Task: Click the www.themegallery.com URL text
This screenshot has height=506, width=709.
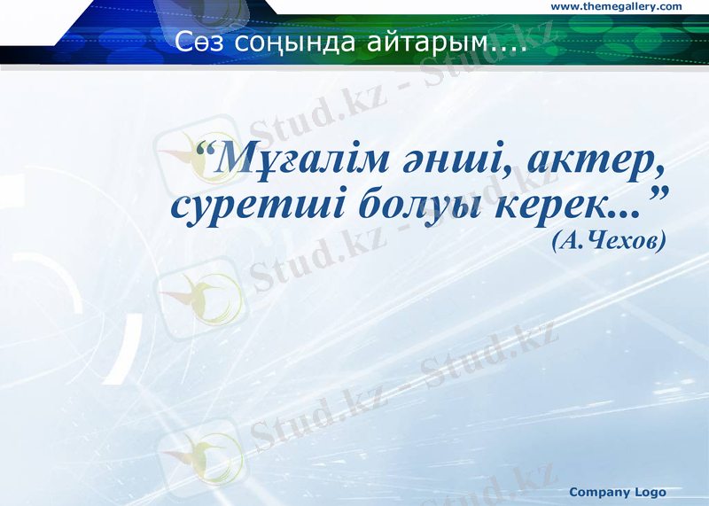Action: click(x=617, y=7)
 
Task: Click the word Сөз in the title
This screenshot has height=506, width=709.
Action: click(x=195, y=43)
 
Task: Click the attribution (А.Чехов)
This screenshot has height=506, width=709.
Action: click(x=607, y=240)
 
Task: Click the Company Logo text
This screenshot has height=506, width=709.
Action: click(x=617, y=492)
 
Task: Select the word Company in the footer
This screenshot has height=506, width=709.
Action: click(x=599, y=492)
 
